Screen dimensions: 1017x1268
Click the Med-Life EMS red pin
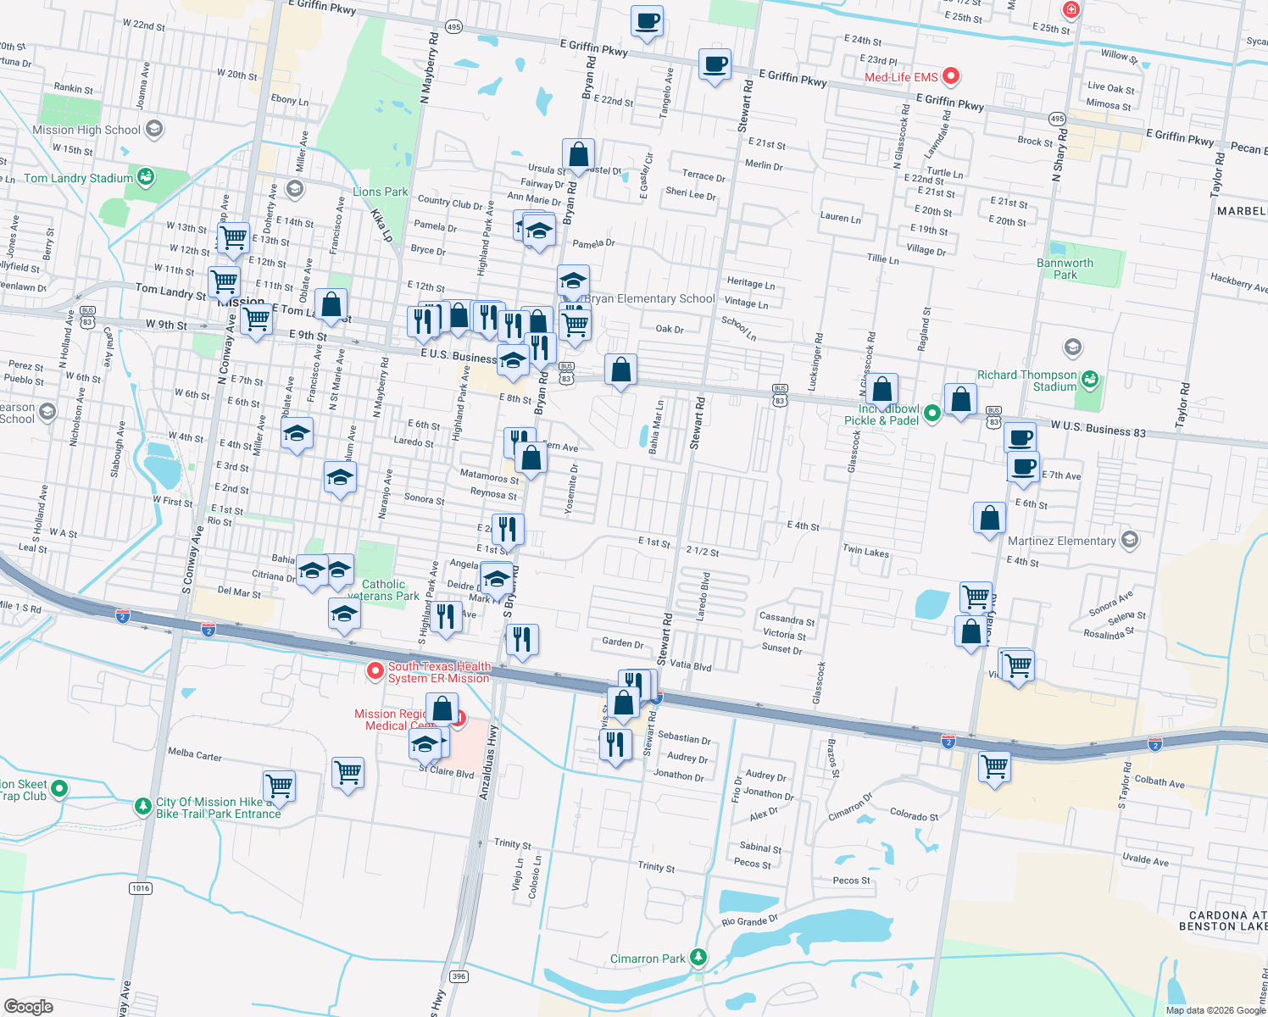[x=951, y=76]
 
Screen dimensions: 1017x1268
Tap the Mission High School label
[x=86, y=130]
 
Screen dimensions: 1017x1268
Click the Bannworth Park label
[x=1065, y=269]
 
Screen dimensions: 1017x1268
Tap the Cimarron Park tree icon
[x=698, y=958]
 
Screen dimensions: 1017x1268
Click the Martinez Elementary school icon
[x=1129, y=540]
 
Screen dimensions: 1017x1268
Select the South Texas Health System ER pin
[x=375, y=671]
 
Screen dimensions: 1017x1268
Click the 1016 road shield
[x=141, y=888]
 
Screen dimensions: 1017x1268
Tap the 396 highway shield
[x=459, y=976]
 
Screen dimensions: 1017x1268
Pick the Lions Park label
[x=381, y=192]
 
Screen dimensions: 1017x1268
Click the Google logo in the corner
[x=28, y=1006]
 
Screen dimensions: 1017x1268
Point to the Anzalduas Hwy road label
[x=488, y=763]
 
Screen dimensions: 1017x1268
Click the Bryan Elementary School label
[x=650, y=298]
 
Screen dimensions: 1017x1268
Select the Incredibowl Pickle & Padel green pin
[x=932, y=413]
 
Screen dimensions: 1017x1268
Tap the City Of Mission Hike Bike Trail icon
[x=143, y=806]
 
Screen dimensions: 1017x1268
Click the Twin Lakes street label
[x=865, y=551]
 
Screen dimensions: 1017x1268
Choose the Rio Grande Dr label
[x=749, y=921]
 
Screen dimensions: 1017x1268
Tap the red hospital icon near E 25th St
[x=1071, y=10]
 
